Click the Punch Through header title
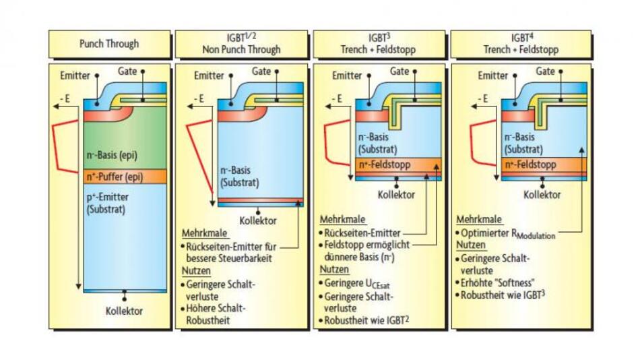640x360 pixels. point(108,44)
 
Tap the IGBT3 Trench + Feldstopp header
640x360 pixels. point(379,44)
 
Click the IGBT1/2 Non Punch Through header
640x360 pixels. point(241,44)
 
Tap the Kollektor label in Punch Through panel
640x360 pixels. point(125,311)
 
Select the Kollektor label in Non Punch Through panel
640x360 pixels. point(258,220)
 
